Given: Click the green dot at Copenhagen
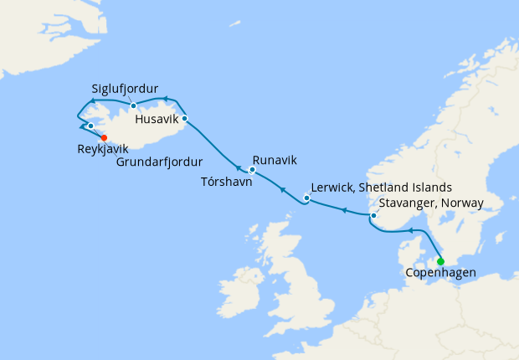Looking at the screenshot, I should [x=440, y=261].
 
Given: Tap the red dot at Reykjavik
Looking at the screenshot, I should [x=104, y=138].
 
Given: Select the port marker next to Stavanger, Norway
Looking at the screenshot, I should [x=374, y=217].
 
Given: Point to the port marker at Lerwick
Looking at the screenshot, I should [x=306, y=199].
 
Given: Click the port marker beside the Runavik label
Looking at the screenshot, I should [x=252, y=170].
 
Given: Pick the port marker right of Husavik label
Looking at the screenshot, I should [x=184, y=118].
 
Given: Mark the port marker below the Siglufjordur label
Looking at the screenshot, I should [x=133, y=105].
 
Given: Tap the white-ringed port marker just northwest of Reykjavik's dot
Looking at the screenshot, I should [x=90, y=126].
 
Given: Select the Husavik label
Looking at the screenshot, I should [x=156, y=119].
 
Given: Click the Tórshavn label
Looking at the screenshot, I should [x=227, y=181].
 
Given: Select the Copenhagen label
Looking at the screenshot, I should [x=440, y=274].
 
